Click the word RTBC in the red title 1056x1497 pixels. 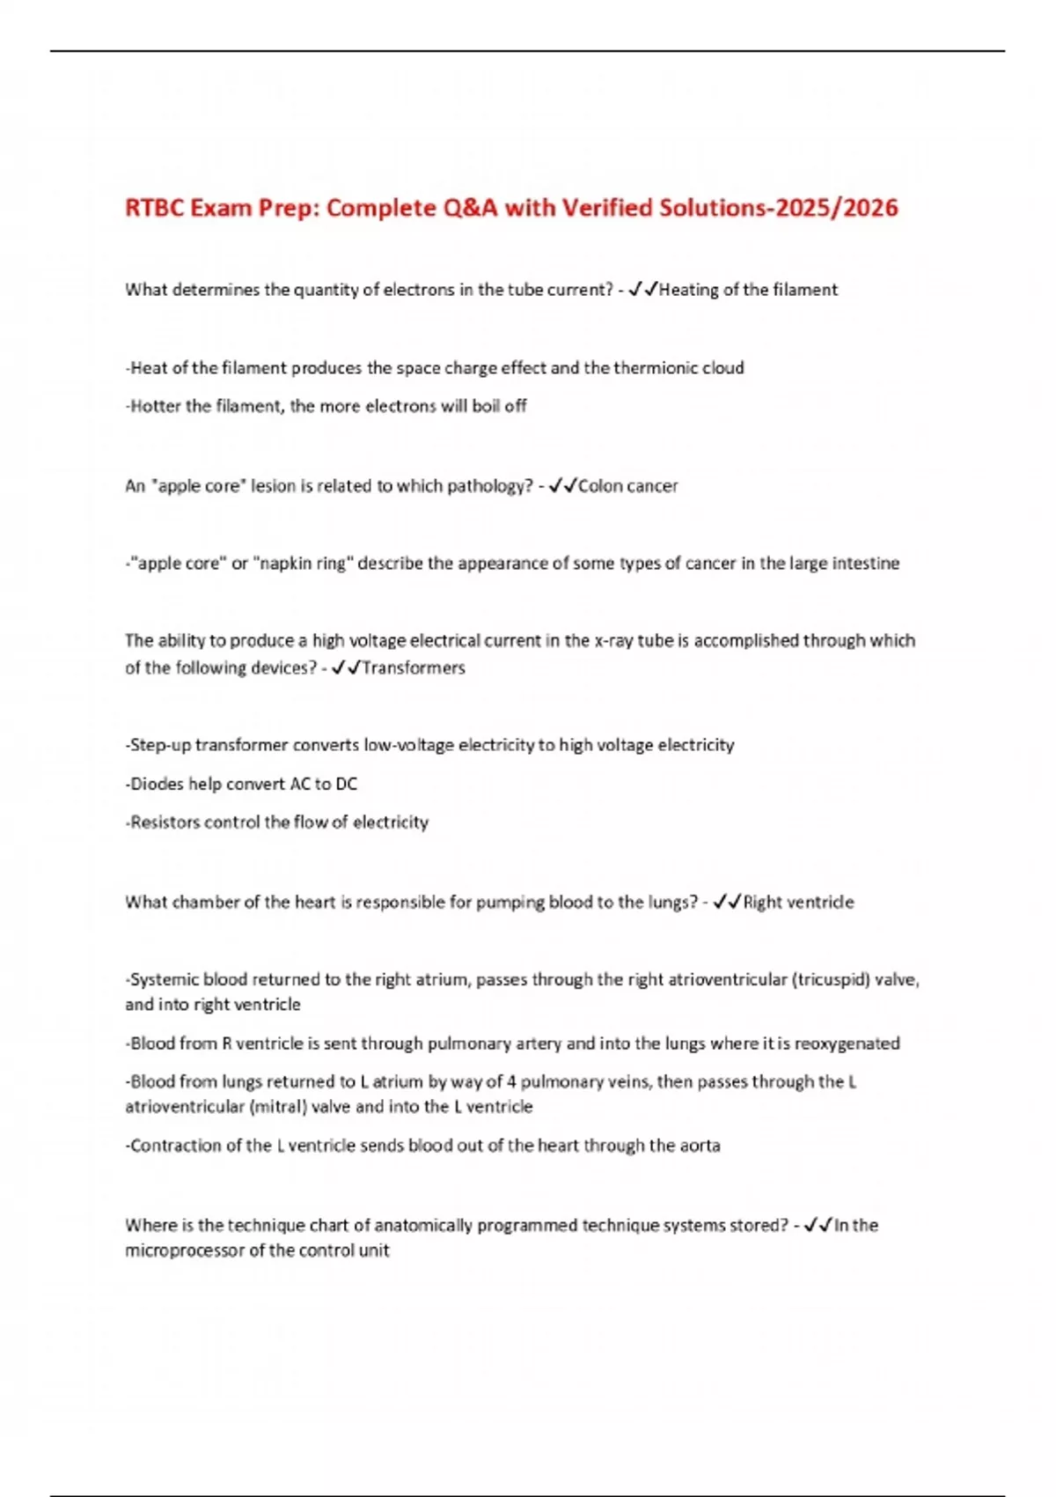[153, 208]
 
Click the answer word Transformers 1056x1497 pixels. [414, 667]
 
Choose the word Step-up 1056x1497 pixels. [159, 745]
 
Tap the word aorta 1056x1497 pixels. [700, 1146]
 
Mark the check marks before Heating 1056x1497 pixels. [642, 290]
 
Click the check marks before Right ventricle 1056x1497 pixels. [727, 902]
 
